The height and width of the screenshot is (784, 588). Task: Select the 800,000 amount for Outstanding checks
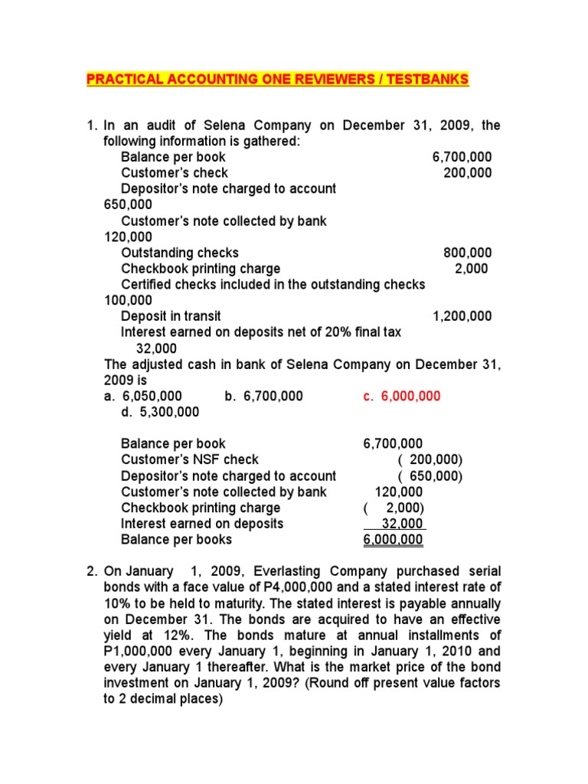[x=467, y=253]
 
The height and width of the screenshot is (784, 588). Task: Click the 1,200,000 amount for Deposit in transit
[x=462, y=316]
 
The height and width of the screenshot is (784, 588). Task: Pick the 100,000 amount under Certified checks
[x=128, y=300]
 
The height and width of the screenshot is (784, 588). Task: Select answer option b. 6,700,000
[x=264, y=396]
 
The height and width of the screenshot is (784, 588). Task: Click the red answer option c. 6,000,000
[x=402, y=396]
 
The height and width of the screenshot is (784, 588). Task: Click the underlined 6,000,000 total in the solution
[x=393, y=540]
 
